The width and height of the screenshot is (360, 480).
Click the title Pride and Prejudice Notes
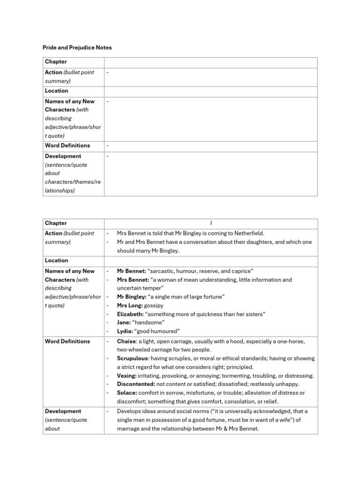[x=77, y=47]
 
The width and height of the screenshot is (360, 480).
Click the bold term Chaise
[x=127, y=341]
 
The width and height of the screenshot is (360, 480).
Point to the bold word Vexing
[x=127, y=376]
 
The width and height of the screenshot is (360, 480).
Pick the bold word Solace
[x=127, y=393]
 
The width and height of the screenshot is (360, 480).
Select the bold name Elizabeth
[x=130, y=314]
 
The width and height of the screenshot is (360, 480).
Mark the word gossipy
[x=154, y=305]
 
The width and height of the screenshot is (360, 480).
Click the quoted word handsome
[x=149, y=322]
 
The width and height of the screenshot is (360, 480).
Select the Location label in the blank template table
[x=56, y=91]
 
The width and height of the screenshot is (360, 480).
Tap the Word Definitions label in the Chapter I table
[x=67, y=341]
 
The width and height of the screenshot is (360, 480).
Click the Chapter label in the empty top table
[x=56, y=62]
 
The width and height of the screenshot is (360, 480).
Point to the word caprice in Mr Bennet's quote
[x=240, y=271]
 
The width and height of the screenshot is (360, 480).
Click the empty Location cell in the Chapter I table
[x=210, y=261]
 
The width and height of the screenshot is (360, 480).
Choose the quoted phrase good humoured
[x=157, y=331]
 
